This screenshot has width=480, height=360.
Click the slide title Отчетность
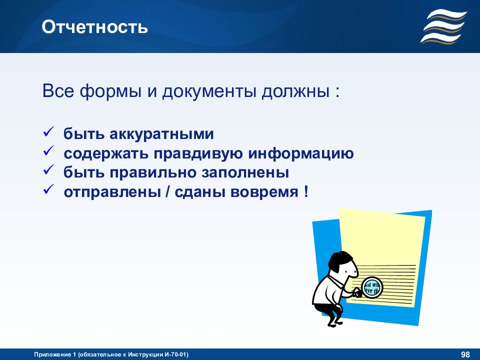point(94,27)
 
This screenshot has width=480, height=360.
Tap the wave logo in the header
point(444,26)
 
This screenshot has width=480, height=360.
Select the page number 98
point(465,354)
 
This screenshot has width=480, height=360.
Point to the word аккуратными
point(161,134)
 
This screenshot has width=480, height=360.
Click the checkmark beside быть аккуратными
point(48,132)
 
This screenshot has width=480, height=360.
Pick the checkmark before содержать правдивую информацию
point(48,151)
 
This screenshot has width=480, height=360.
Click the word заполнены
point(245,173)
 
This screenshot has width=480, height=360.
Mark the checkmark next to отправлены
point(48,189)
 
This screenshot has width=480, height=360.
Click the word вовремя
point(264,192)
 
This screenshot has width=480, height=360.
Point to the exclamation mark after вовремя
point(306,191)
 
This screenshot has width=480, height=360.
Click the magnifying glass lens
point(372,287)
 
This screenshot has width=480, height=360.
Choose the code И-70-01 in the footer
point(175,354)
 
